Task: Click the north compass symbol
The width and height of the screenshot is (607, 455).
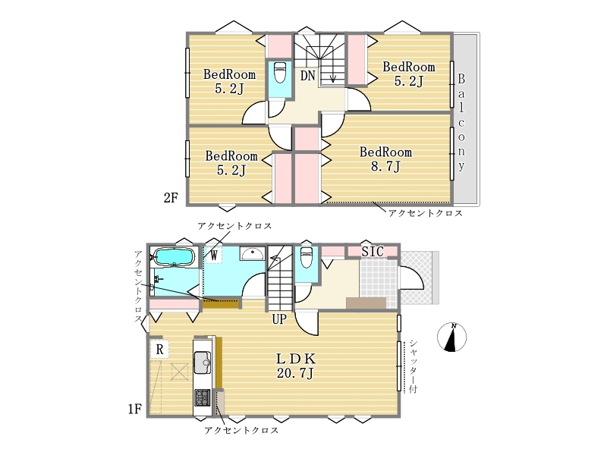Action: (451, 337)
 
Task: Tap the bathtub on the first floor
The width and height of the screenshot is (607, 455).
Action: (174, 257)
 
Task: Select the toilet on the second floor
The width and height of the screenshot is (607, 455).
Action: (279, 72)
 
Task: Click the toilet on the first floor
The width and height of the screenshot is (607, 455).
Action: (307, 257)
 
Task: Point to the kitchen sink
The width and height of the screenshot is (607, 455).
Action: (202, 362)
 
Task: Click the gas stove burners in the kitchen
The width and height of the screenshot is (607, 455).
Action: (202, 397)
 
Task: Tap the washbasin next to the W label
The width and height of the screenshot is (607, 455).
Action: (252, 254)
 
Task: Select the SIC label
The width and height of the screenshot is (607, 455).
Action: (373, 252)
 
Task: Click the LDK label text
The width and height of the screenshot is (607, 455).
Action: (296, 359)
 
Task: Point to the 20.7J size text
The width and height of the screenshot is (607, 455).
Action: (295, 373)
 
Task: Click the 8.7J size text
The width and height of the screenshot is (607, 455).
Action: (385, 166)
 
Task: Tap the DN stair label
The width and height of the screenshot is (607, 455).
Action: (308, 75)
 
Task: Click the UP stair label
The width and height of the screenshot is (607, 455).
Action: (279, 319)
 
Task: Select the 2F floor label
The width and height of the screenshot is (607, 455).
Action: (170, 198)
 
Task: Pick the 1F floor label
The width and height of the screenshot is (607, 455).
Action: (135, 409)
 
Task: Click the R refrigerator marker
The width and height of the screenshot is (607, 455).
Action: (159, 350)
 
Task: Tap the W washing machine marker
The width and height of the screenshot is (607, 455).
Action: (214, 255)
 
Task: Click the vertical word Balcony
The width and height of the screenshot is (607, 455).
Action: (461, 122)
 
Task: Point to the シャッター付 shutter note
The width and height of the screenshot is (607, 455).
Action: (414, 366)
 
